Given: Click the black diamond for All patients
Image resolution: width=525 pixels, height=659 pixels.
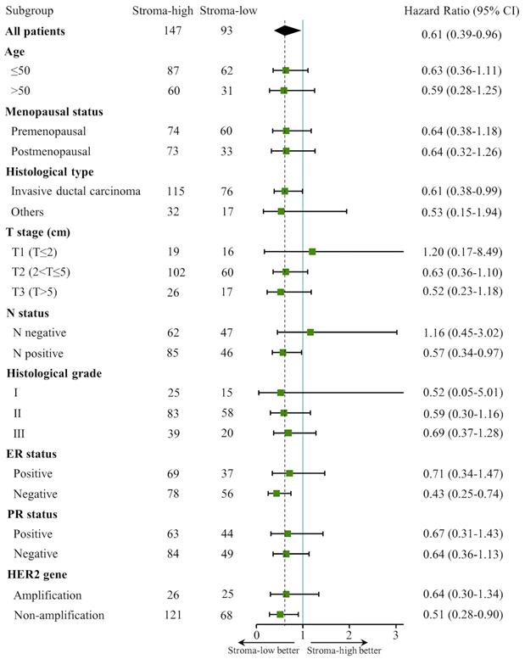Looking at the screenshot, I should tap(287, 31).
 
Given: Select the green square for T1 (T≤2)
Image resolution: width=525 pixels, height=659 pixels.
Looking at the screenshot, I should tap(312, 252).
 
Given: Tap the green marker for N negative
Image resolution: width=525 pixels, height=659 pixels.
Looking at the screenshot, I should tap(310, 332).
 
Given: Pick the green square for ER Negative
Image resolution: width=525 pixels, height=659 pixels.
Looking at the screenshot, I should tap(276, 493).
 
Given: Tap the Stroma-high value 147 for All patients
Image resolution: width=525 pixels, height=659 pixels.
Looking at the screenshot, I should tap(172, 31).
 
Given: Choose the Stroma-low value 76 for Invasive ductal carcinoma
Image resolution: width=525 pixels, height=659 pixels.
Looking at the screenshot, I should tap(226, 192).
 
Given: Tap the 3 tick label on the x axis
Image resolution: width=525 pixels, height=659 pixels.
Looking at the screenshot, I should tap(395, 635).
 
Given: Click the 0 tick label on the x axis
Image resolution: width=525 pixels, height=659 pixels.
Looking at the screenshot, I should tap(257, 635).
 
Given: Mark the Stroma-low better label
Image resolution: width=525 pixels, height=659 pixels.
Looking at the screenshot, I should tap(263, 651).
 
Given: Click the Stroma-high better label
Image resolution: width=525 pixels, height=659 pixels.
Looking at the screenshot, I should tap(343, 651).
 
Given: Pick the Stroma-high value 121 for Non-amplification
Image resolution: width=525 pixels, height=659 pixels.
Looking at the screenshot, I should tap(172, 614).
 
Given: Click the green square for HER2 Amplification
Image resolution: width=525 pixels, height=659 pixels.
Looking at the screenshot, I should tap(287, 594).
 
